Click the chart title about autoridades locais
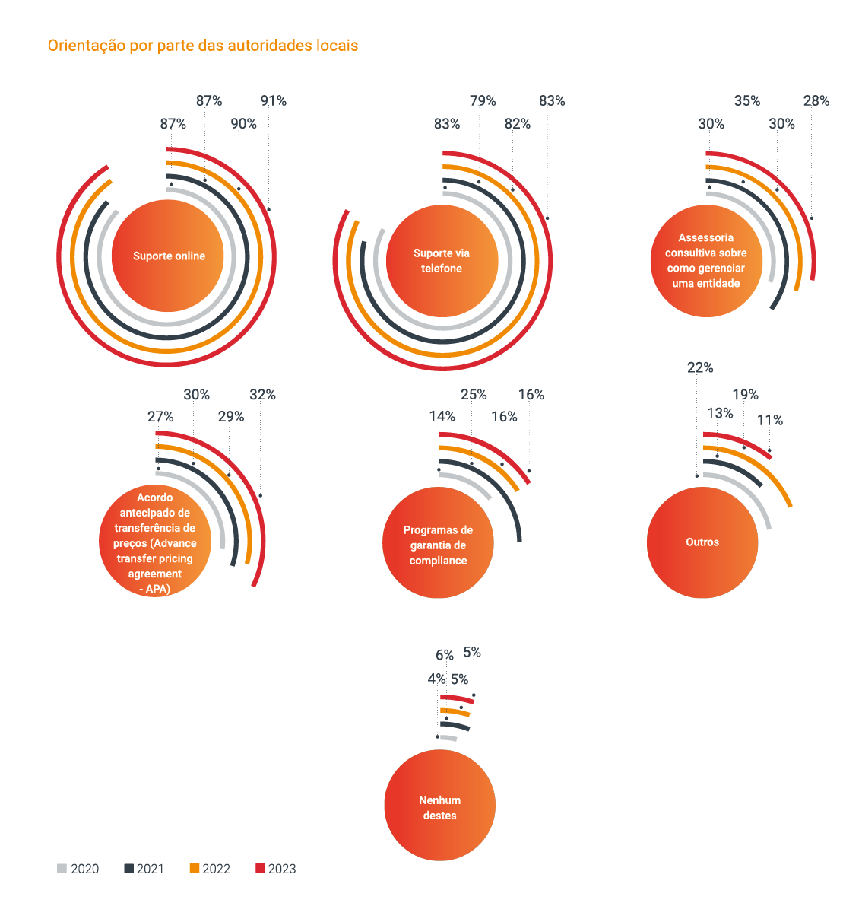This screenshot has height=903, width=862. (202, 46)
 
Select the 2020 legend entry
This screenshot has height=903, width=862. (78, 869)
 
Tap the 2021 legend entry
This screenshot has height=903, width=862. (144, 869)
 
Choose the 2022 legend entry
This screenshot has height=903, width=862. (210, 869)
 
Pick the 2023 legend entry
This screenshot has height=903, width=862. (275, 869)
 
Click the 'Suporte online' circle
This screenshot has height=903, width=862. (168, 256)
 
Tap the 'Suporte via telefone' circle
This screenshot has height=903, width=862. (442, 261)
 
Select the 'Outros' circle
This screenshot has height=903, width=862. (702, 542)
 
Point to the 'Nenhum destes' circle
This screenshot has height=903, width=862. (439, 806)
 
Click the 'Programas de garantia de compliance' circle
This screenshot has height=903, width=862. (438, 545)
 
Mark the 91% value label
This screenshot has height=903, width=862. (274, 101)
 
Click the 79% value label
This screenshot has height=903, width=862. (483, 101)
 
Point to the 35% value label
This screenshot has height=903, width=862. (746, 101)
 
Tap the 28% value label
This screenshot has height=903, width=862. (816, 101)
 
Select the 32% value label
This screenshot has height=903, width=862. (262, 395)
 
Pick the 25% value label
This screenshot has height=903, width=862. (474, 395)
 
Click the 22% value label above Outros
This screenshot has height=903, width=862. (700, 368)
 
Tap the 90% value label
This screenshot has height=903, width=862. (244, 124)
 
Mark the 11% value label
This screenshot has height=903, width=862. (770, 421)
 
